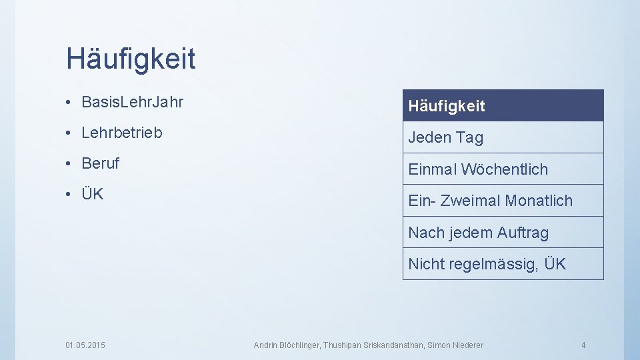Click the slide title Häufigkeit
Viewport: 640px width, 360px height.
click(131, 59)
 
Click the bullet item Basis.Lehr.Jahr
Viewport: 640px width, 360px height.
click(132, 103)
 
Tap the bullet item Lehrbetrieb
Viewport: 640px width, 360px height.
click(121, 133)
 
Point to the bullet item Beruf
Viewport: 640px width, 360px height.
click(100, 163)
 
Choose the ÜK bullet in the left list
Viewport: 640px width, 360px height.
click(92, 194)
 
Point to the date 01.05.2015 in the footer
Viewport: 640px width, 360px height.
click(85, 345)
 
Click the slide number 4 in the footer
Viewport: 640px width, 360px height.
click(583, 345)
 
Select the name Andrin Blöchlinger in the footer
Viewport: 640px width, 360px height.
click(287, 345)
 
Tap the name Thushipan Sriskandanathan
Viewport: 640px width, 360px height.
click(375, 345)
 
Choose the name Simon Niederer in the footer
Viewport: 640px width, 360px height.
click(457, 345)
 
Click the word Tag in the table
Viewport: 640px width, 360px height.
click(469, 137)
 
